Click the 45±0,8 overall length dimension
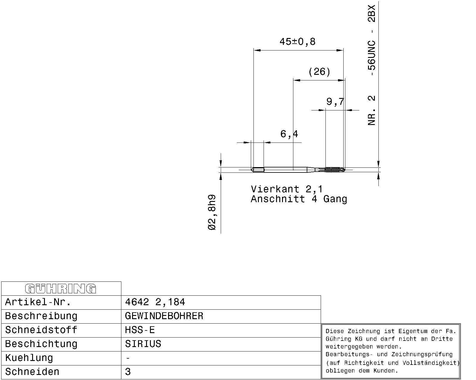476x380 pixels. (297, 42)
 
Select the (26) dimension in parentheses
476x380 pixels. (319, 72)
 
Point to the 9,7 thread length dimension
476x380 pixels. (335, 102)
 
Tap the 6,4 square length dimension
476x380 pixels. (289, 134)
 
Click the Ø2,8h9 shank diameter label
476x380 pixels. (212, 212)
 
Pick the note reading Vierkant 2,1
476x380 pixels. (287, 189)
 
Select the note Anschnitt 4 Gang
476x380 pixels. (299, 199)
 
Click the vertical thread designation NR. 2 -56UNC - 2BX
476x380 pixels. (372, 65)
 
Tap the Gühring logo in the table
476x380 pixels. (61, 289)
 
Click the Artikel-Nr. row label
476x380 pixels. (38, 302)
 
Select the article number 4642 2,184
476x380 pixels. (155, 302)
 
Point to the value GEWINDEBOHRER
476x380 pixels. (164, 316)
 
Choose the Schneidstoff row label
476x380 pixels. (41, 330)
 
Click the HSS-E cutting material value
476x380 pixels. (140, 330)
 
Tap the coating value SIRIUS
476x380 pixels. (143, 344)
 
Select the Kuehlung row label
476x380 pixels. (29, 358)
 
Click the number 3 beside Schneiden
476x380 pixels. (128, 372)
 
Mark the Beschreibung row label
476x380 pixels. (41, 316)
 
